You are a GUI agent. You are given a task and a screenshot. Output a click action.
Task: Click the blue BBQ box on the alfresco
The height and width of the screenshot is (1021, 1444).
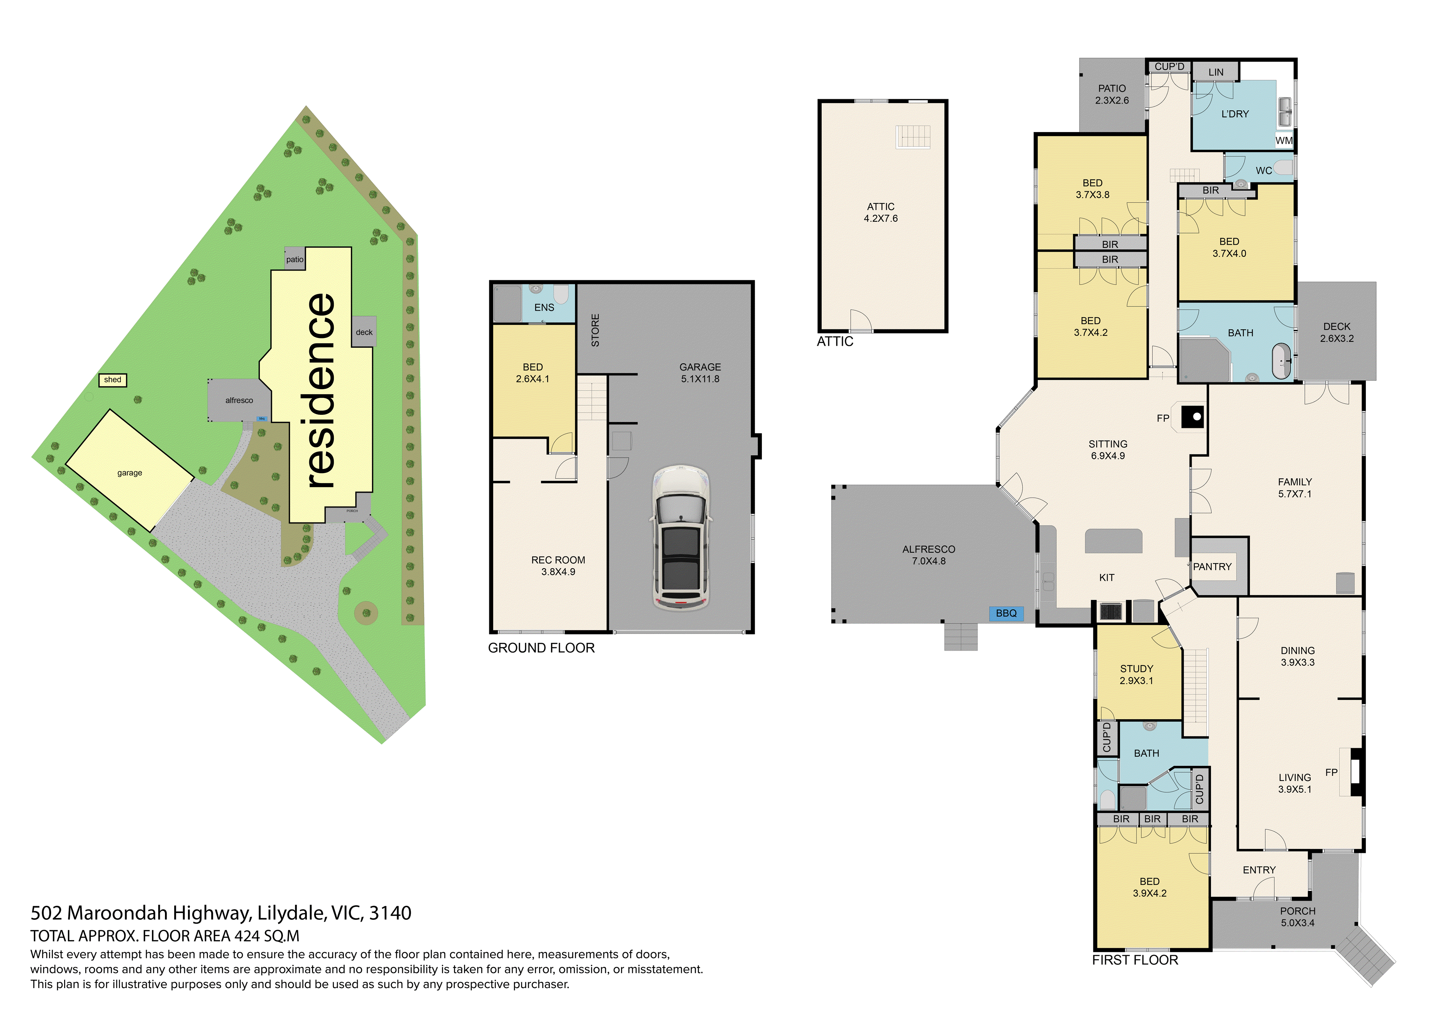pyautogui.click(x=1006, y=613)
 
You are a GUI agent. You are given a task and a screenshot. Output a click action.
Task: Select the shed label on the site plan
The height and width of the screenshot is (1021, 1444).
pyautogui.click(x=112, y=380)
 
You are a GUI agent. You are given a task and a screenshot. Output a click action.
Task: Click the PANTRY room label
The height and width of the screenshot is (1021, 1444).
pyautogui.click(x=1213, y=566)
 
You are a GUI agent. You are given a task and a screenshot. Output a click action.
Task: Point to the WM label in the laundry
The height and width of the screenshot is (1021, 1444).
pyautogui.click(x=1284, y=141)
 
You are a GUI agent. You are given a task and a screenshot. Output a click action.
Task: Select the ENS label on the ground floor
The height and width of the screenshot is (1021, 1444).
pyautogui.click(x=544, y=308)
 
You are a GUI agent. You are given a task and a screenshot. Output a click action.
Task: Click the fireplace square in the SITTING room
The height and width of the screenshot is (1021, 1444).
pyautogui.click(x=1192, y=416)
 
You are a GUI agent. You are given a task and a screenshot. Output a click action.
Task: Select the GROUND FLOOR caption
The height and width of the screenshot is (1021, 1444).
pyautogui.click(x=541, y=648)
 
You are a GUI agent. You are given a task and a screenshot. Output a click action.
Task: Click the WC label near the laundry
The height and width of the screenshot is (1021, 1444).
pyautogui.click(x=1264, y=170)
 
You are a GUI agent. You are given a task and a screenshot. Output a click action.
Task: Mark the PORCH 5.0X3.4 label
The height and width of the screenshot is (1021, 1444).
pyautogui.click(x=1298, y=917)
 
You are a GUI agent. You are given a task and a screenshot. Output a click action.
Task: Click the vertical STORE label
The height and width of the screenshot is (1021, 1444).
pyautogui.click(x=595, y=330)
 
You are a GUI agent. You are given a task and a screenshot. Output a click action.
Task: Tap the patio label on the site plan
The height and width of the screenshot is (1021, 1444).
pyautogui.click(x=294, y=259)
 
